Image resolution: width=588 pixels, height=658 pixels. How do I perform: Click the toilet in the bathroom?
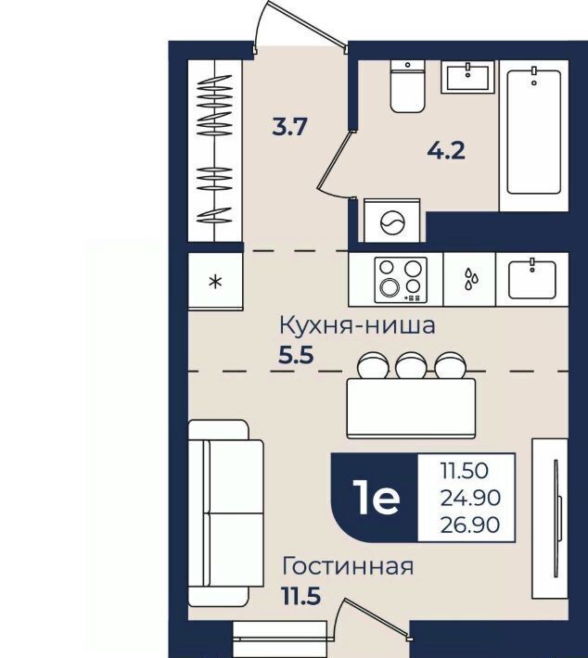[407, 86]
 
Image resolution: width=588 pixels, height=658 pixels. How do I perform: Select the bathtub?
[533, 132]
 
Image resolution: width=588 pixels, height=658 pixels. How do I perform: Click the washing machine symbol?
[392, 221]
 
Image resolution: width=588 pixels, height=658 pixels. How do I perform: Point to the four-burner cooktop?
[401, 280]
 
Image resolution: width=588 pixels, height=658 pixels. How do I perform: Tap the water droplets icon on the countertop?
[471, 279]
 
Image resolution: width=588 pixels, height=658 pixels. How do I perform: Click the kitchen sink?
[532, 279]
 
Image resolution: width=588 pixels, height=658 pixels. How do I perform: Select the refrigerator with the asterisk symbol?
[215, 281]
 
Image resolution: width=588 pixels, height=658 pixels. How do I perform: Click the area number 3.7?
[289, 127]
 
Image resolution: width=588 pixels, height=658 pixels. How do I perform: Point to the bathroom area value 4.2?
[446, 151]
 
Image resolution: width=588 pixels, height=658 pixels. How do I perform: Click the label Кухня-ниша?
[357, 326]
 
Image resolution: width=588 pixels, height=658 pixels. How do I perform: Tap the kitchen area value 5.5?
[297, 356]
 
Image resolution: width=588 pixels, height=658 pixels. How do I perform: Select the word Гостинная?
[348, 566]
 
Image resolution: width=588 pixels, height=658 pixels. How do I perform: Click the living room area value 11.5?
[301, 596]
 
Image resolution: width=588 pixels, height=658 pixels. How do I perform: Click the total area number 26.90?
[470, 525]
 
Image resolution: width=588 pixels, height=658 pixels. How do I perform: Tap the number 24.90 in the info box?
[470, 498]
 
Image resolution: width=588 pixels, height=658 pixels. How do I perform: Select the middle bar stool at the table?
[411, 365]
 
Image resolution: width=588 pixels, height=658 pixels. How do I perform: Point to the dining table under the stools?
[411, 409]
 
